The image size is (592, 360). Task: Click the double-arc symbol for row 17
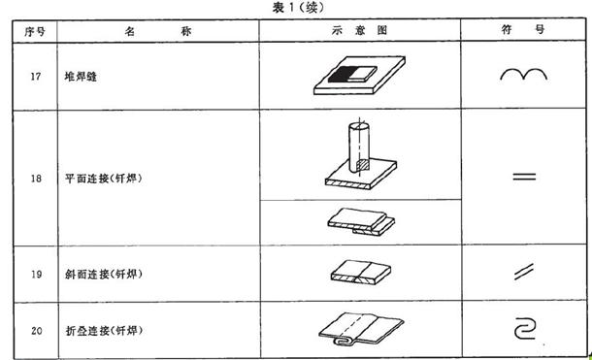[x=524, y=77]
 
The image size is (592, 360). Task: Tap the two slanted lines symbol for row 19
[x=524, y=275]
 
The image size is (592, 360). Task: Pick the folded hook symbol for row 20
[x=525, y=330]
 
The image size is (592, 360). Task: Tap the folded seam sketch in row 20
[x=359, y=328]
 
